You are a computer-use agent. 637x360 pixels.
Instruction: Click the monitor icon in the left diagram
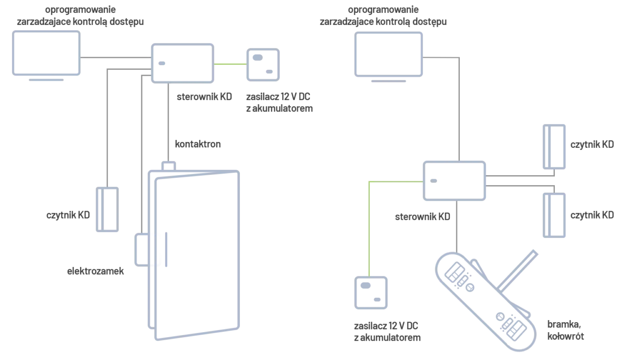pyautogui.click(x=47, y=54)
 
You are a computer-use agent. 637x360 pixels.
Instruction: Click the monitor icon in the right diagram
pyautogui.click(x=390, y=54)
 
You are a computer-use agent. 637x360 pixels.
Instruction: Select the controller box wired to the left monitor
pyautogui.click(x=182, y=62)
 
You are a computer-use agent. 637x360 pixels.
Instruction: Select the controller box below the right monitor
pyautogui.click(x=455, y=181)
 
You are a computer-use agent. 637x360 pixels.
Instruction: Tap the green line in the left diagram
pyautogui.click(x=229, y=63)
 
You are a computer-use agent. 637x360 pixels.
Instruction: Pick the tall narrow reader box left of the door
pyautogui.click(x=107, y=209)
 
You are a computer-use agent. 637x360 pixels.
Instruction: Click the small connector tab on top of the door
pyautogui.click(x=169, y=163)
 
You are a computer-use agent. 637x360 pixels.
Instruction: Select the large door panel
pyautogui.click(x=199, y=254)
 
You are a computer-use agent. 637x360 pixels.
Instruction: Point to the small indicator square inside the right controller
pyautogui.click(x=434, y=178)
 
